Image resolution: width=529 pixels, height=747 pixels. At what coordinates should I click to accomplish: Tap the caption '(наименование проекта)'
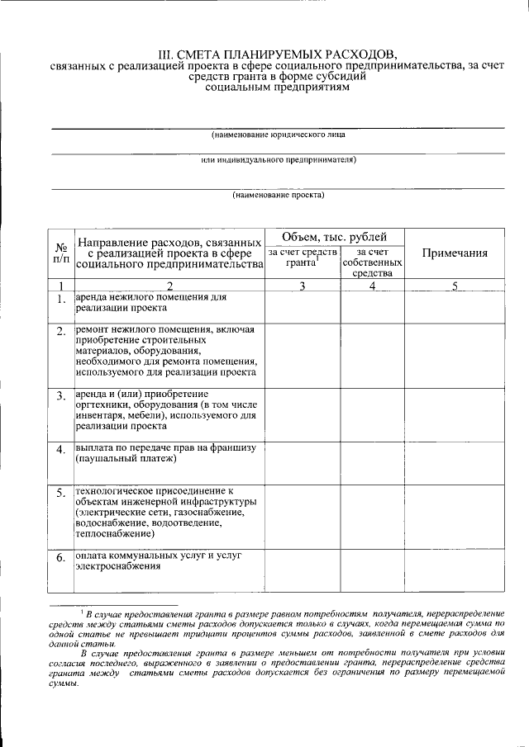(x=278, y=196)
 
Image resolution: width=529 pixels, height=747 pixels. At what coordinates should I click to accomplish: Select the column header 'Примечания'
(x=454, y=253)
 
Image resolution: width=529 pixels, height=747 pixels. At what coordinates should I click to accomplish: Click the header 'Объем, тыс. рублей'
(x=333, y=236)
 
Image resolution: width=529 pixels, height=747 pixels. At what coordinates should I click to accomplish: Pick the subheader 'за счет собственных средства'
(x=372, y=262)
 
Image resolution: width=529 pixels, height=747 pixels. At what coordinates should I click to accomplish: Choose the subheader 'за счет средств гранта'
(x=303, y=258)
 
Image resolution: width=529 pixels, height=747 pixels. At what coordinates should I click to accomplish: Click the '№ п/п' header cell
(x=61, y=253)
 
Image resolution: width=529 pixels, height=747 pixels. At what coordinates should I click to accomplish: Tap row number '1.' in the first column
(x=61, y=300)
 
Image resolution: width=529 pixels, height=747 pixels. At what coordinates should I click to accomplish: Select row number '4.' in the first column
(x=61, y=451)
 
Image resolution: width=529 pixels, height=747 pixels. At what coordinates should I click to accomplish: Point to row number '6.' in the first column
(x=61, y=559)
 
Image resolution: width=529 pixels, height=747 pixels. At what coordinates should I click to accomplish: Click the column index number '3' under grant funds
(x=303, y=286)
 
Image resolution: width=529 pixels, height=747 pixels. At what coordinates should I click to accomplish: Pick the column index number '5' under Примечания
(x=454, y=286)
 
